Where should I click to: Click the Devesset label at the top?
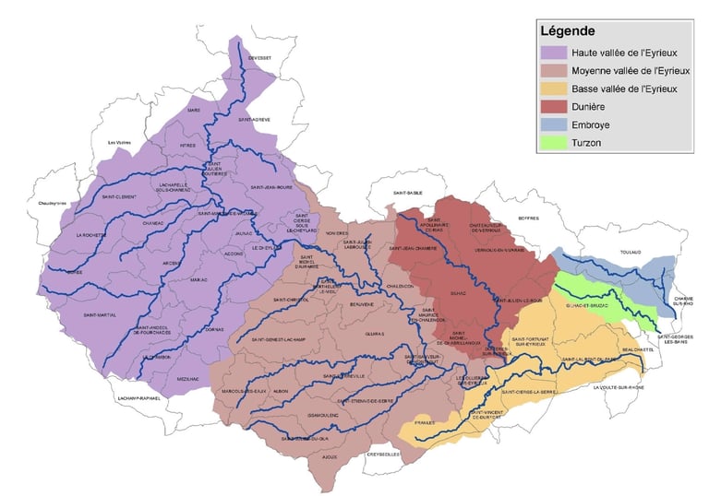259,57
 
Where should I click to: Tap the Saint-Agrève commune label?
257,120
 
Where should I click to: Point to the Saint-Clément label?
120,196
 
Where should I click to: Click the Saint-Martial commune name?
99,315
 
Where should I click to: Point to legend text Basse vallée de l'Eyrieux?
625,89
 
